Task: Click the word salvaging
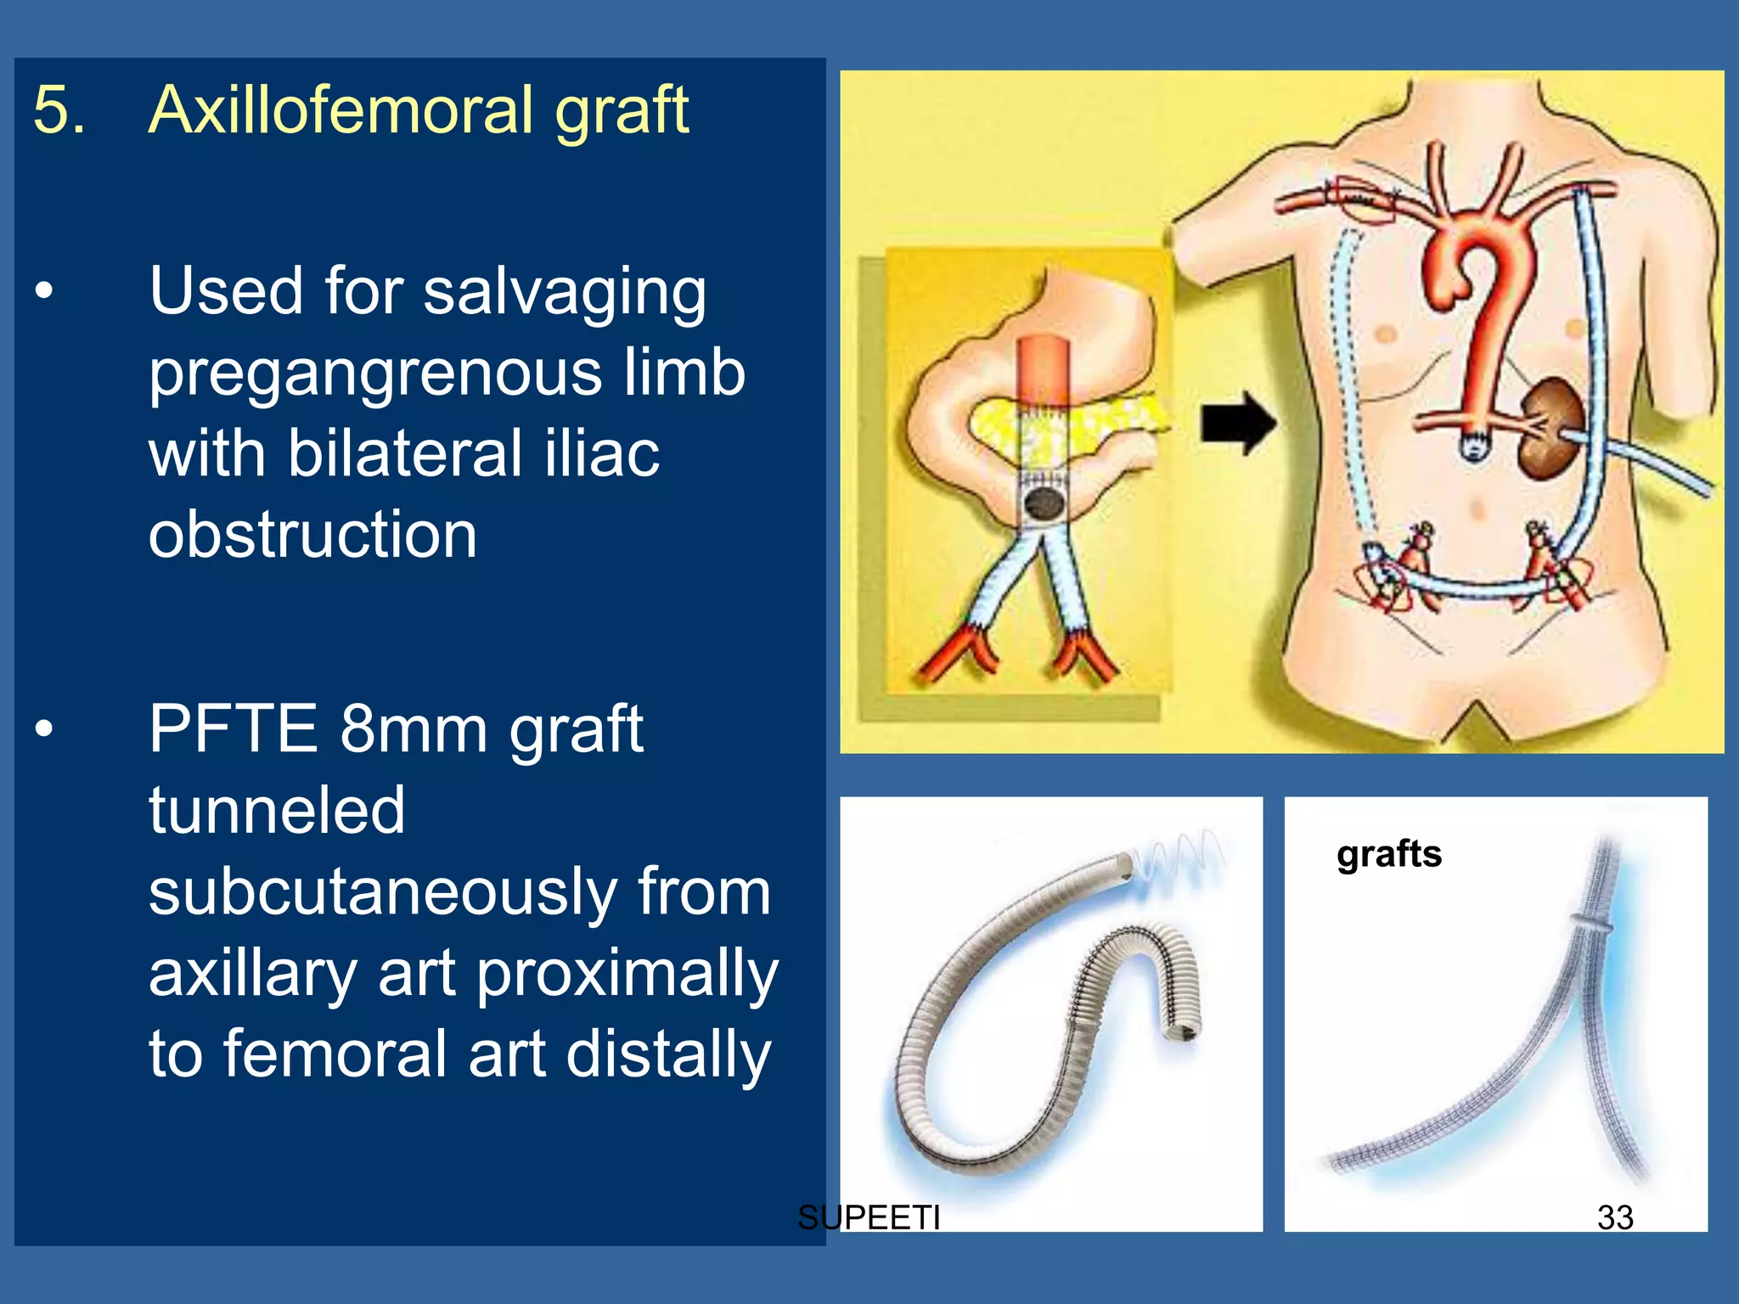[x=565, y=291]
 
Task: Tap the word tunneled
[x=277, y=810]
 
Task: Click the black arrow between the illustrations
[x=1238, y=422]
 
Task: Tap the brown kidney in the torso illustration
[x=1550, y=429]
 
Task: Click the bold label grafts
[x=1389, y=854]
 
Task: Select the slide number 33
[x=1615, y=1217]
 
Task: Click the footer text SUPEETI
[x=869, y=1217]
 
